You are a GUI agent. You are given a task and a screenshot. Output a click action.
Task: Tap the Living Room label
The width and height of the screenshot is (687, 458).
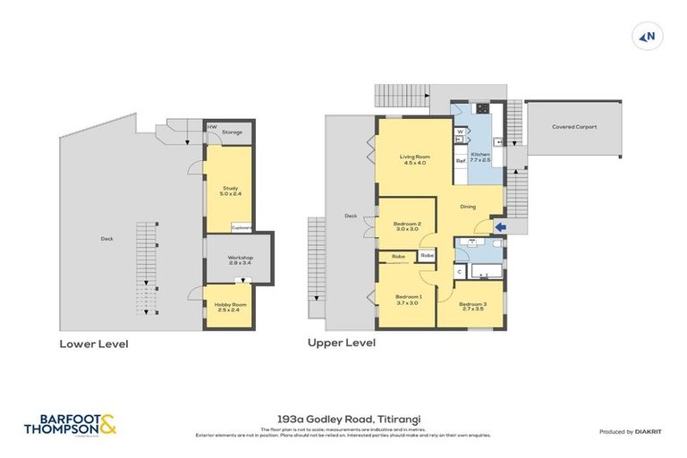click(414, 159)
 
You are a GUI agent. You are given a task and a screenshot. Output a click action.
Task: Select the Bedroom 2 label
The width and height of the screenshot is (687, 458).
click(406, 226)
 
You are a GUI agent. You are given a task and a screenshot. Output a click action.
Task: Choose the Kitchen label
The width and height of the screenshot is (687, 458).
click(480, 157)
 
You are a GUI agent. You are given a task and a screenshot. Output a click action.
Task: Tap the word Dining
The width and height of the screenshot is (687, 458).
click(467, 207)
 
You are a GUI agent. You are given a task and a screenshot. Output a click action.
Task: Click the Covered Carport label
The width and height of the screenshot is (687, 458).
click(574, 127)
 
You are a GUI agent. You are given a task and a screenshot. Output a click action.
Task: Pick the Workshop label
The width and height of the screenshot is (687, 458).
click(228, 260)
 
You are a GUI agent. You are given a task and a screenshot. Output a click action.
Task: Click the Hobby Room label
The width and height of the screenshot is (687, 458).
click(229, 307)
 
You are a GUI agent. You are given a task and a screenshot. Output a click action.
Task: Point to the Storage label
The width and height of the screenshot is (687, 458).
click(233, 132)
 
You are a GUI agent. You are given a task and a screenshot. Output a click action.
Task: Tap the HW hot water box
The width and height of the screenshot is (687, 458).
click(211, 127)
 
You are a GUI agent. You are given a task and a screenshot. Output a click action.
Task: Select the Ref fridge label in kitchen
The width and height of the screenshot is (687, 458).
click(460, 161)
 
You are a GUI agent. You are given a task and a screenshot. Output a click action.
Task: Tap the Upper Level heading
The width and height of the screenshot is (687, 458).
click(341, 343)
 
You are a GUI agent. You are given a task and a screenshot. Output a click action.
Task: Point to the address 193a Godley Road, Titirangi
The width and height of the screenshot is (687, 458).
click(343, 418)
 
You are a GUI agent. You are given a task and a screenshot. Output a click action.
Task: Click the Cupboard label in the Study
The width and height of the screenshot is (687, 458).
click(241, 227)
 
